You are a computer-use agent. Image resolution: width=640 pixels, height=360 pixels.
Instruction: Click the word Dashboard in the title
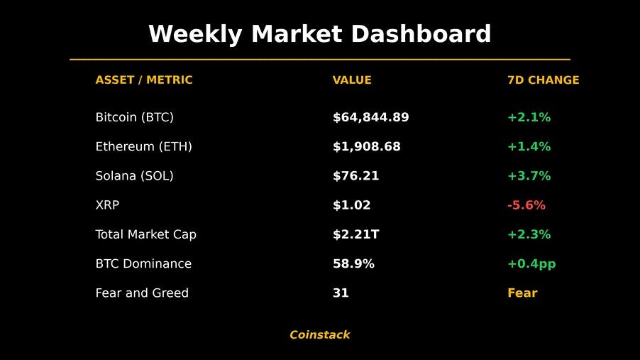[x=421, y=33]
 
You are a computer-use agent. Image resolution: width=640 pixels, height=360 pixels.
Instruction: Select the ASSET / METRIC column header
[x=143, y=80]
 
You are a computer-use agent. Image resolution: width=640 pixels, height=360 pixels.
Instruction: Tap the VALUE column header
[x=352, y=80]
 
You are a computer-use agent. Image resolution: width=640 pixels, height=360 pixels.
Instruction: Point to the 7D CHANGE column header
[x=544, y=80]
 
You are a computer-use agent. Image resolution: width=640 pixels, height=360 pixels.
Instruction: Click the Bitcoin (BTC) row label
[x=134, y=117]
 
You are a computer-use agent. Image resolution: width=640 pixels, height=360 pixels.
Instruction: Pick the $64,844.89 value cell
[x=370, y=117]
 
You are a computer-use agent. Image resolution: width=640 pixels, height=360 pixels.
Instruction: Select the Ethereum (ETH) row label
[x=143, y=146]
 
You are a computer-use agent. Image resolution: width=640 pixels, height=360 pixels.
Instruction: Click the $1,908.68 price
[x=367, y=146]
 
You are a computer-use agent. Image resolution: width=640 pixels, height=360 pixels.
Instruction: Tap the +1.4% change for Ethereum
[x=529, y=146]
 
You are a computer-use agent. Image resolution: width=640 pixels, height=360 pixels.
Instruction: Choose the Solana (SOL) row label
[x=134, y=175]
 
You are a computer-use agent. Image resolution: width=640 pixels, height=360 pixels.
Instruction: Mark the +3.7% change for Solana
[x=529, y=175]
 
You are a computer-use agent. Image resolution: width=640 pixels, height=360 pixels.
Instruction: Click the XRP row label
[x=107, y=204]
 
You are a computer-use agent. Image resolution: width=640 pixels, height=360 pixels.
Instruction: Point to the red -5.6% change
[x=526, y=204]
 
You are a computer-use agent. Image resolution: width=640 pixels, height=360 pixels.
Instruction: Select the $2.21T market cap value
[x=356, y=234]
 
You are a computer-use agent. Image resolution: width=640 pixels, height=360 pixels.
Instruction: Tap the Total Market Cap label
[x=145, y=234]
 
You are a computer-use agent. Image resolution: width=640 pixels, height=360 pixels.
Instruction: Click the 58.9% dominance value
[x=353, y=263]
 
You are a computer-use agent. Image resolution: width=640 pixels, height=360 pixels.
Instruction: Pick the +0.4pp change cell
[x=531, y=264]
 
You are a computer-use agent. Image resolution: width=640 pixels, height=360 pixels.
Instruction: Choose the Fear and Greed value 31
[x=341, y=293]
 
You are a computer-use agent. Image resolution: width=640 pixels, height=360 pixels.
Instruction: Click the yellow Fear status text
[x=522, y=293]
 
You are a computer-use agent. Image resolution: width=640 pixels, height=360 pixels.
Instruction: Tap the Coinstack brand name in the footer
[x=320, y=334]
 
